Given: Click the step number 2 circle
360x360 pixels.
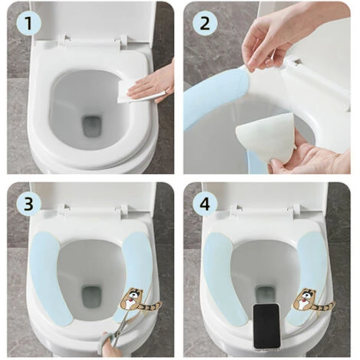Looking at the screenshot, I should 205,22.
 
